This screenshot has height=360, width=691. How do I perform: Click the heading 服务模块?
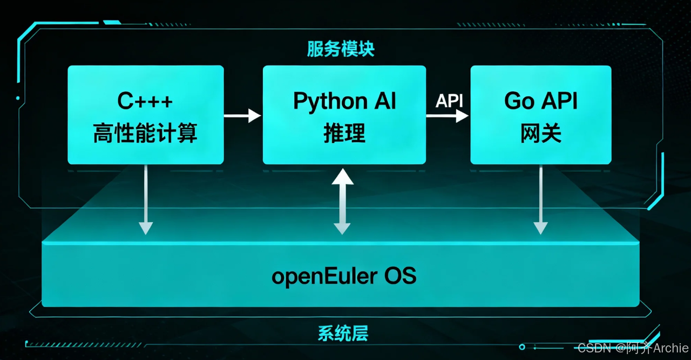[341, 49]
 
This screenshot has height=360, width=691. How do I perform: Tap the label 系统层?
[343, 333]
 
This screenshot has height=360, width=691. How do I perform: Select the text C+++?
[145, 101]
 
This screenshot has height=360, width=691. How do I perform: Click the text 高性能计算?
[145, 133]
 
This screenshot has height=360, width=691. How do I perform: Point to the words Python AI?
[344, 101]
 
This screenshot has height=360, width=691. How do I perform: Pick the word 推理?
[344, 133]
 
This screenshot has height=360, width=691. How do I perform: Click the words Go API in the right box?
[541, 101]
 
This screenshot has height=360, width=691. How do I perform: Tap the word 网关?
[541, 133]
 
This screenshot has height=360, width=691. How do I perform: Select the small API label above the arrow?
[449, 101]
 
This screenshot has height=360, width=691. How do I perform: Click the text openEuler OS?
[344, 276]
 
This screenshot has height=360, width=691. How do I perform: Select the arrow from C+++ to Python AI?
[242, 115]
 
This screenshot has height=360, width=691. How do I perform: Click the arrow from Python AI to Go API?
[447, 115]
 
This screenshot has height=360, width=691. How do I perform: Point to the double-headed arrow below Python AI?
[342, 201]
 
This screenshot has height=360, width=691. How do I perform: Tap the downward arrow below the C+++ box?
[145, 200]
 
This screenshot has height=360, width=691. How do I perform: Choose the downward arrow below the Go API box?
[540, 200]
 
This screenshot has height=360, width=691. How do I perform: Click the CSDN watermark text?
[593, 348]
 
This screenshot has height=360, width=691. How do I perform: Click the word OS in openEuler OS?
[400, 276]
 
